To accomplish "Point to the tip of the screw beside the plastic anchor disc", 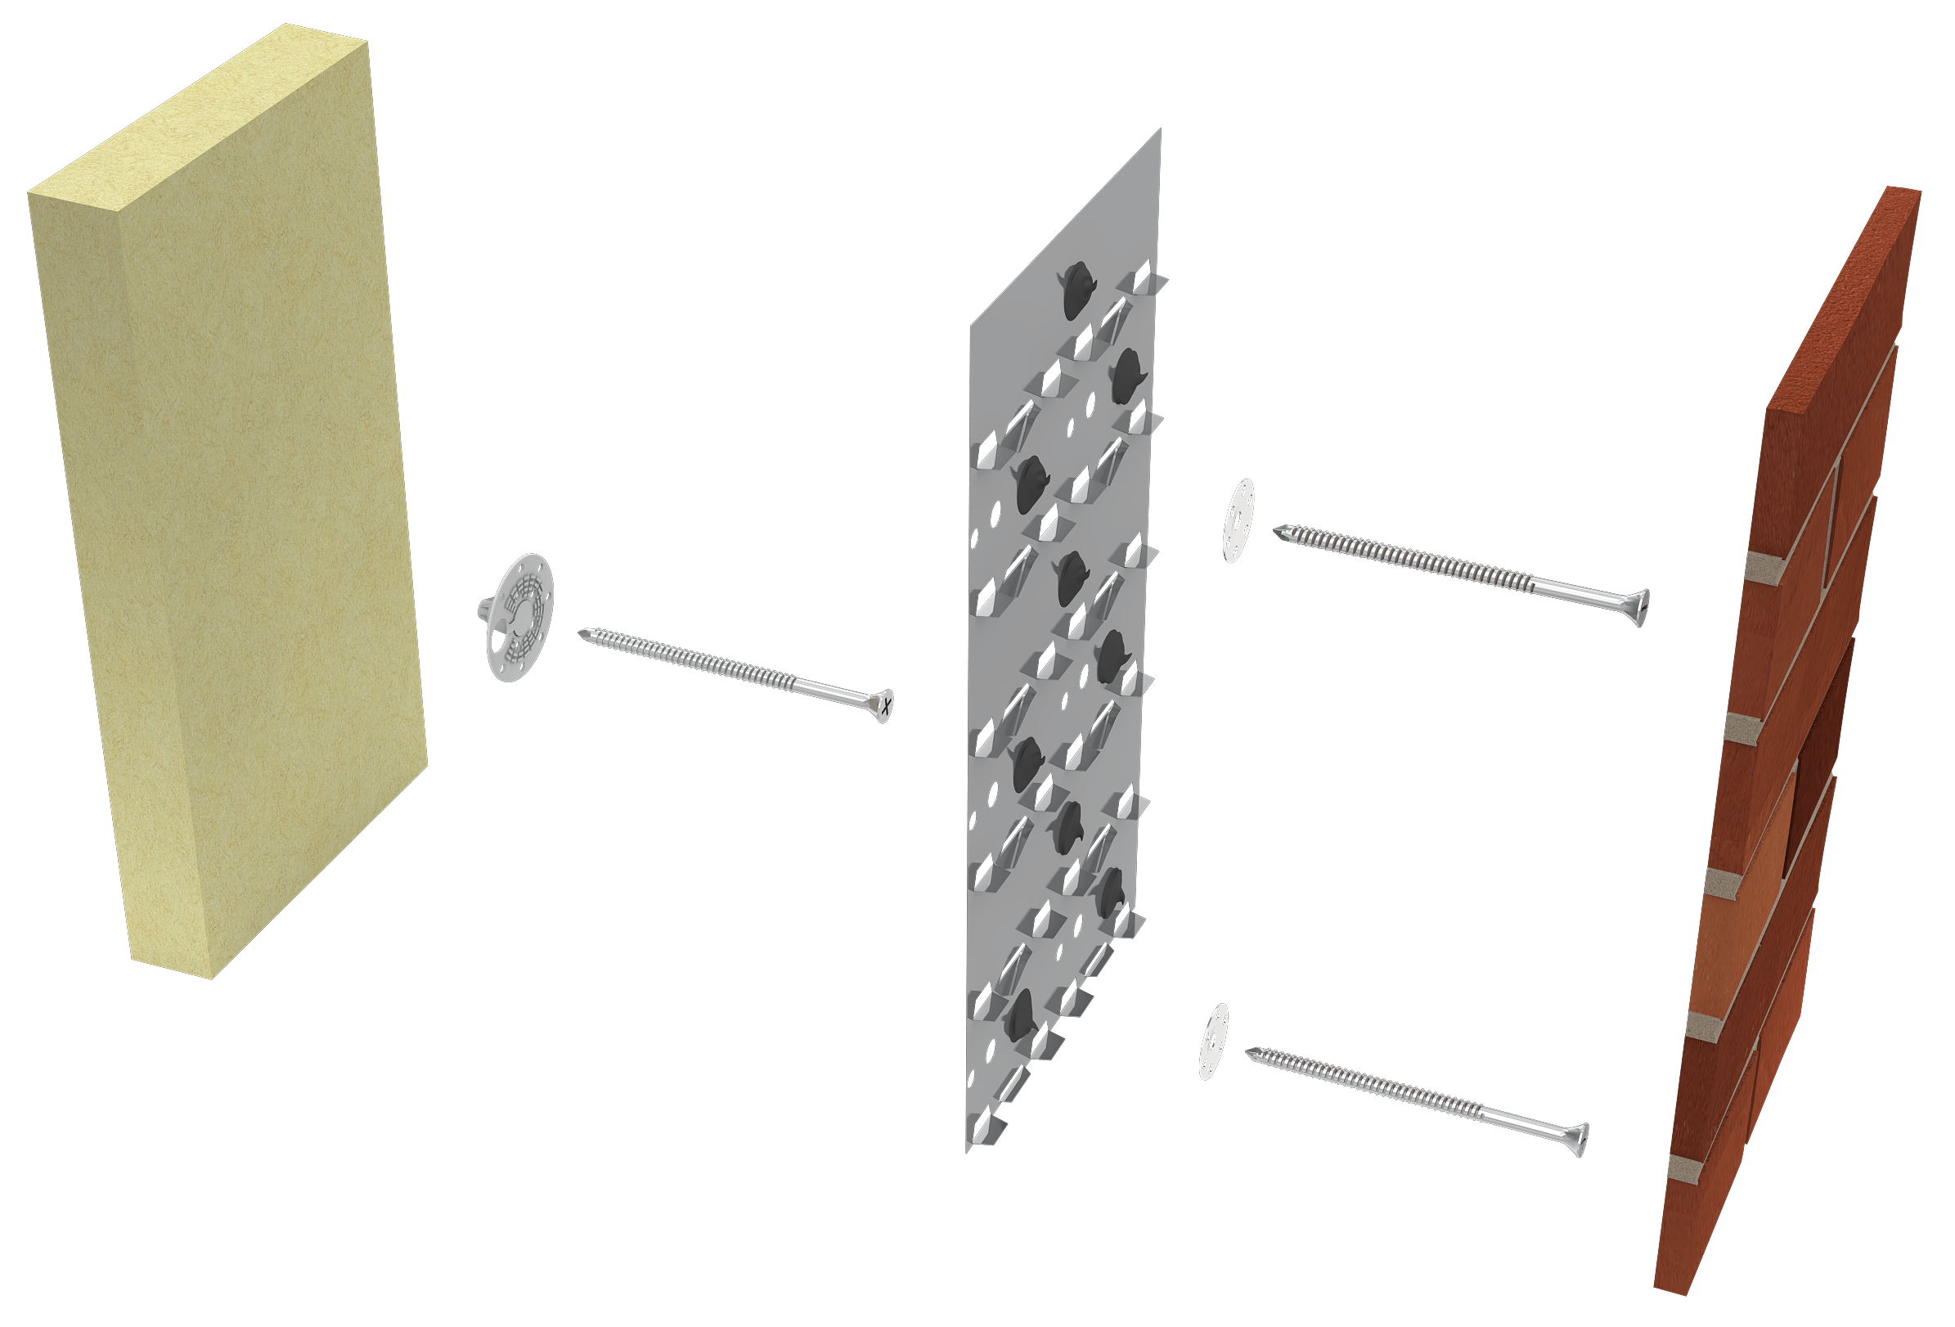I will [x=583, y=630].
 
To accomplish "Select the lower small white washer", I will [x=1213, y=1041].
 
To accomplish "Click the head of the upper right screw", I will [x=1639, y=607].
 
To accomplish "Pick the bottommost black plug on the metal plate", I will [x=1023, y=1014].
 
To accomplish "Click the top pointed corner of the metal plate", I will [x=1160, y=131].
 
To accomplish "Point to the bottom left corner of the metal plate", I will [x=968, y=1150].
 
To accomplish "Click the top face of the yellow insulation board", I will [x=194, y=110].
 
